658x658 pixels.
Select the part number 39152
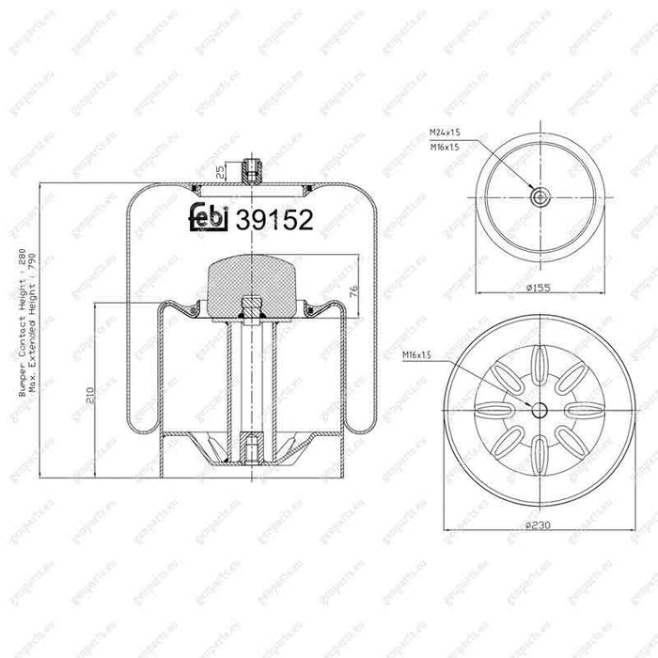click(274, 218)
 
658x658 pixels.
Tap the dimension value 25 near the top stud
click(221, 171)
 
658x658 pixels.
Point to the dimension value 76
click(353, 291)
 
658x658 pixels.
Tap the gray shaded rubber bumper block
click(250, 283)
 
